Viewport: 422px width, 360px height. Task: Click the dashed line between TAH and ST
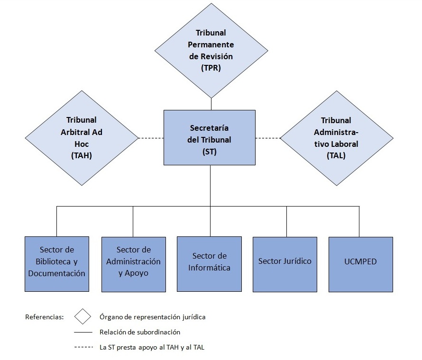(151, 138)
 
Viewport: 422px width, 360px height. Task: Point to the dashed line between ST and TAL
(268, 138)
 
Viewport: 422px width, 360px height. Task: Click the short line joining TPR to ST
(211, 104)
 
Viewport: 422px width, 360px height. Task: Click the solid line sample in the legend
(83, 332)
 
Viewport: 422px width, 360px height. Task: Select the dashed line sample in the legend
(83, 347)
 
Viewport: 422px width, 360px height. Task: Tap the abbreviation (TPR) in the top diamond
(211, 68)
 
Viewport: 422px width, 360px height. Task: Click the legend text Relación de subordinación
(140, 332)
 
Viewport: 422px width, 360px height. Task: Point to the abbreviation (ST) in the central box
(210, 152)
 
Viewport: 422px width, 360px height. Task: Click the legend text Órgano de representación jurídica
(152, 317)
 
